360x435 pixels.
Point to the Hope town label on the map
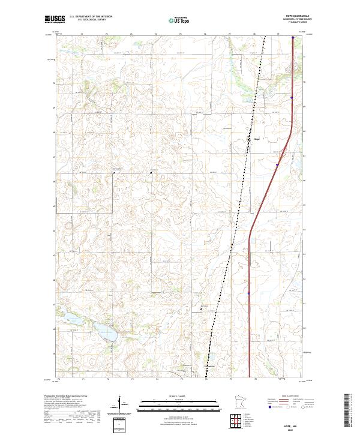(x=250, y=140)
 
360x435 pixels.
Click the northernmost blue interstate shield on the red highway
(x=293, y=38)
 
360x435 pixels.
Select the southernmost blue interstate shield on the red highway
(x=248, y=293)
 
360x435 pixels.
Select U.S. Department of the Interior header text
(x=90, y=17)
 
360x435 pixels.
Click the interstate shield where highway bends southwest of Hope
(x=277, y=165)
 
